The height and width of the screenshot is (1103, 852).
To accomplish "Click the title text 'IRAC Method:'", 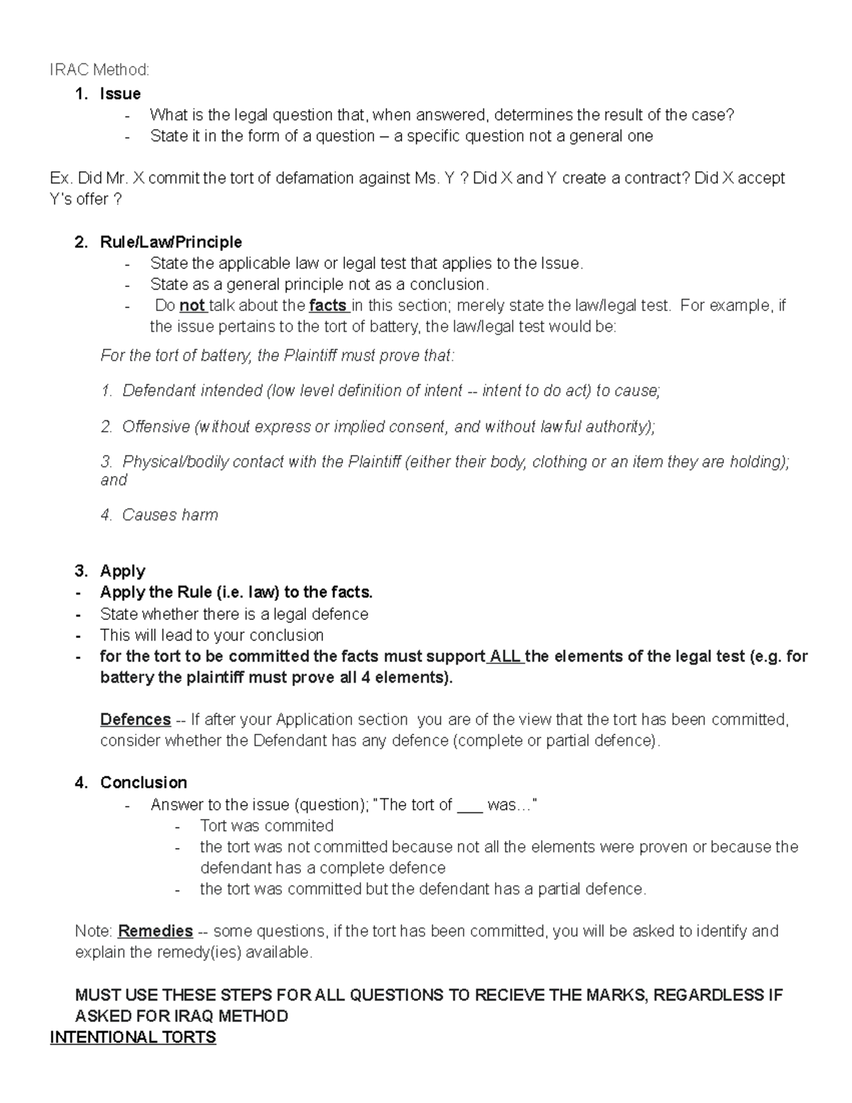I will (99, 70).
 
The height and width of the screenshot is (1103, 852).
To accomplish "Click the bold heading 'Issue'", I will (120, 94).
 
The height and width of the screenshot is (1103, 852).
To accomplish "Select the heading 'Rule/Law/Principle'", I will (170, 242).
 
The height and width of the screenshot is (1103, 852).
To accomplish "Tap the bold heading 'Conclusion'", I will (143, 783).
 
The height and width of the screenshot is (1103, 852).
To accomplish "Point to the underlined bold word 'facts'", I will (328, 306).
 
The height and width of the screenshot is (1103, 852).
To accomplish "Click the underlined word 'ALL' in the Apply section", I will (505, 656).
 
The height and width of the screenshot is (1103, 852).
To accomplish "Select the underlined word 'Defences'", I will (135, 719).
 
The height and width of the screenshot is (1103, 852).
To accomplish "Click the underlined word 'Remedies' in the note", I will (155, 931).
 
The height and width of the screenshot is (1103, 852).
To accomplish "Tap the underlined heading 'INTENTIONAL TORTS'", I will (133, 1038).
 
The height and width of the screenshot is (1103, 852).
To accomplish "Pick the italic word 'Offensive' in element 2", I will (155, 427).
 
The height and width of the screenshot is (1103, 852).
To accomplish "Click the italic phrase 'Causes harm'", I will (170, 515).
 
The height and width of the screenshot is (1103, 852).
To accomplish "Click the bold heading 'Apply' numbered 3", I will (122, 571).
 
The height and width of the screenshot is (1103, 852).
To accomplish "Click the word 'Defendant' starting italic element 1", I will (159, 391).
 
